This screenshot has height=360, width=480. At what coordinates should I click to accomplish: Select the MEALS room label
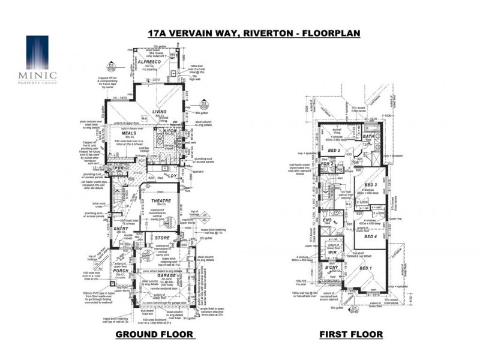tap(128, 133)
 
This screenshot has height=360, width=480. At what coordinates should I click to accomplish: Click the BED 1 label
tap(364, 268)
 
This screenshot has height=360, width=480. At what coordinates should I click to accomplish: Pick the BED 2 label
tap(334, 150)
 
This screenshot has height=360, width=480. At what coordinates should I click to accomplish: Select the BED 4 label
tap(370, 236)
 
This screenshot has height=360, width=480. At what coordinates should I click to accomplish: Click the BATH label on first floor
tap(368, 137)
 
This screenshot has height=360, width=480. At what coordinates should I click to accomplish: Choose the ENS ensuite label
tap(328, 220)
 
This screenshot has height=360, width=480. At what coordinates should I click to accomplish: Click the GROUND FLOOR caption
tap(154, 334)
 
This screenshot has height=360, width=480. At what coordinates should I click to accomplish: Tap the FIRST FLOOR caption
tap(351, 334)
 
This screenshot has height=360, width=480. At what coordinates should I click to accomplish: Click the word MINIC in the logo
tap(41, 75)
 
